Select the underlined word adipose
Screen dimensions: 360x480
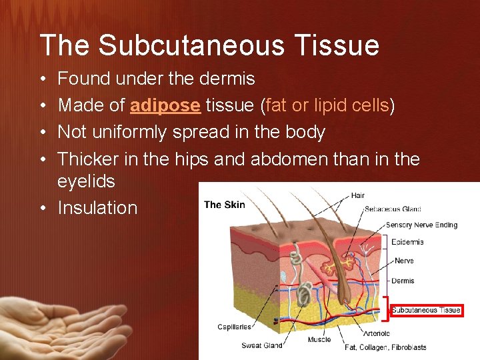(165, 105)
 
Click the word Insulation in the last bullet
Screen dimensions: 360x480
(97, 208)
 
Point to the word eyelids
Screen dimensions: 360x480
(86, 181)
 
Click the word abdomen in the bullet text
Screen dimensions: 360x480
(279, 159)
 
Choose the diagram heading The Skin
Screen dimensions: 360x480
(225, 205)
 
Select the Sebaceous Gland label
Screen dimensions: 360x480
(393, 209)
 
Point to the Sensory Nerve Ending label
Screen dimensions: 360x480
(421, 225)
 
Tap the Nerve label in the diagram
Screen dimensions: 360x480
(404, 261)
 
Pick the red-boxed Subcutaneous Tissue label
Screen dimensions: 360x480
(426, 310)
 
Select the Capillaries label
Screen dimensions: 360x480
(234, 327)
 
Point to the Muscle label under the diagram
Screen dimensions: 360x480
(319, 340)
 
